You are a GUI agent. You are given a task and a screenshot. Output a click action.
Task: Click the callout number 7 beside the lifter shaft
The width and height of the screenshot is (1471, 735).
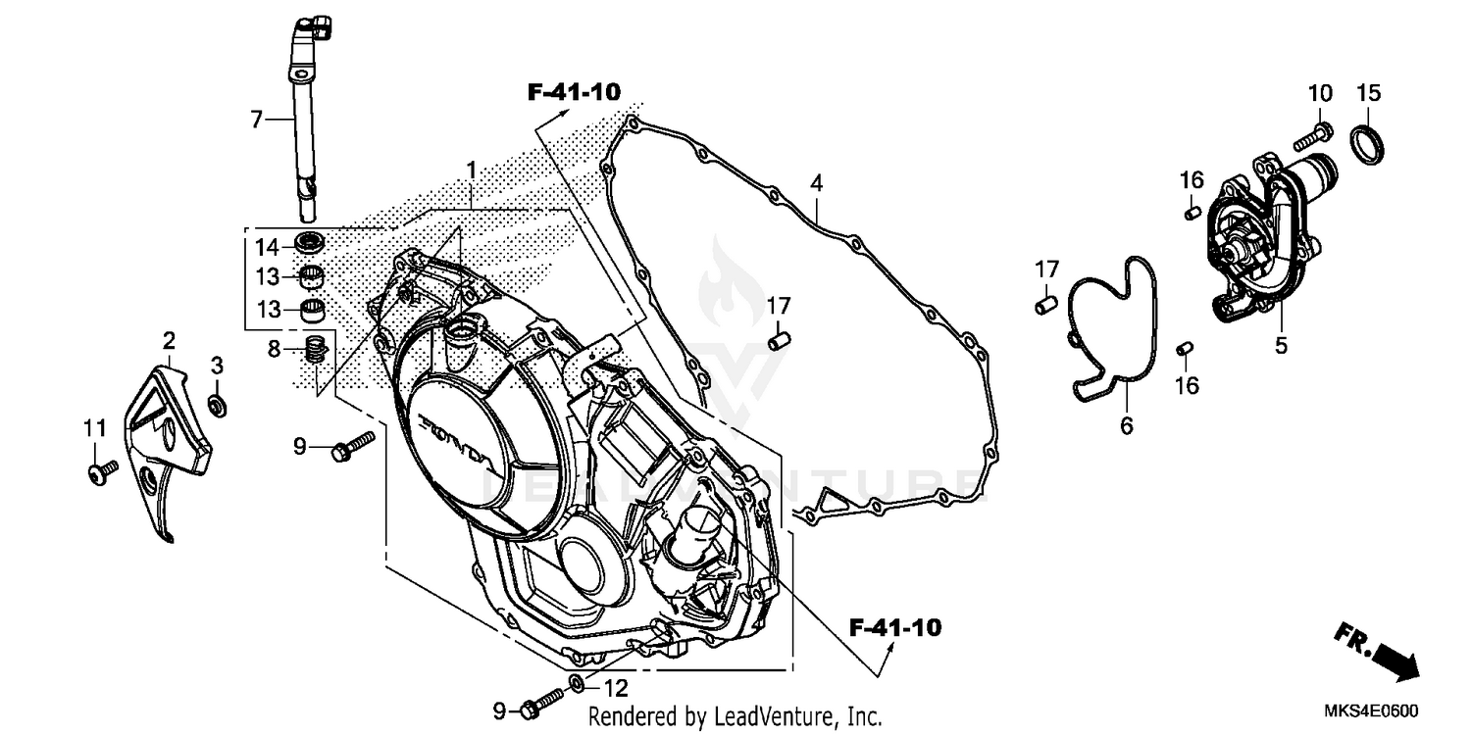pyautogui.click(x=256, y=120)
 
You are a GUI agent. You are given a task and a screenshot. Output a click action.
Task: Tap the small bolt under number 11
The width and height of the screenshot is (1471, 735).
pyautogui.click(x=101, y=471)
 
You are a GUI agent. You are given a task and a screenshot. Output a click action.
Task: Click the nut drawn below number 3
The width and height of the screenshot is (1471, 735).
pyautogui.click(x=219, y=403)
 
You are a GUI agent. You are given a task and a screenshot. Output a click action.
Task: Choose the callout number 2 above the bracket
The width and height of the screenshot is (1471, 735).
pyautogui.click(x=169, y=341)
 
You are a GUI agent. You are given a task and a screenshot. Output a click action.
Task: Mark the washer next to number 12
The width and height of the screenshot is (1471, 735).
pyautogui.click(x=579, y=682)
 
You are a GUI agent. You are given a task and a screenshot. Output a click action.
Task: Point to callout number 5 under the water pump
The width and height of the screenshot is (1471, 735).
pyautogui.click(x=1281, y=346)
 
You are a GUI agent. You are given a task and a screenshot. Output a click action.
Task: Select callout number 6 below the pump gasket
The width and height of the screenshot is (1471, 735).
pyautogui.click(x=1126, y=425)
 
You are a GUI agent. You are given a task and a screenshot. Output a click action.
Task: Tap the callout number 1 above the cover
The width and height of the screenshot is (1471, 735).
pyautogui.click(x=471, y=171)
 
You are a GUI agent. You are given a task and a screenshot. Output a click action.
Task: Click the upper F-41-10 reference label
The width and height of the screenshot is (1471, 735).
pyautogui.click(x=574, y=93)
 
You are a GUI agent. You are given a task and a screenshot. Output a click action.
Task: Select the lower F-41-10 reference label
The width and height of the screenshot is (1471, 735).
pyautogui.click(x=894, y=627)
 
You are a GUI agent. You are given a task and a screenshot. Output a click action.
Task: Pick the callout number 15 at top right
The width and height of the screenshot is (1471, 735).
pyautogui.click(x=1368, y=93)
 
